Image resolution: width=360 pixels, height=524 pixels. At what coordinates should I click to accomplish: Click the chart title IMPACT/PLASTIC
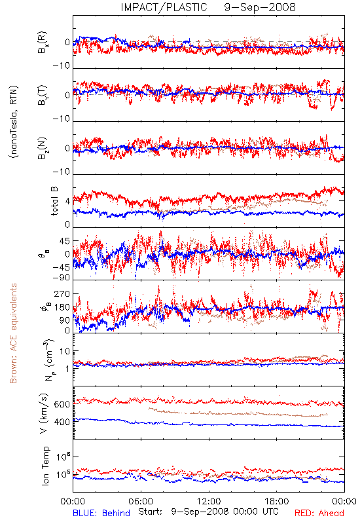[x=164, y=7]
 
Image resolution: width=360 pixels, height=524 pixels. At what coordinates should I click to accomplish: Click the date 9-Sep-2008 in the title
[x=260, y=7]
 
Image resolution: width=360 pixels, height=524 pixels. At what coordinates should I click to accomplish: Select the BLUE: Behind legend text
[x=101, y=513]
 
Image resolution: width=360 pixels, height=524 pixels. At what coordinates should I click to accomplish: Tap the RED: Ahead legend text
[x=319, y=513]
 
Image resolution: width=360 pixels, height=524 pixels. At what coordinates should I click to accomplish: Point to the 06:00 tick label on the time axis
[x=141, y=501]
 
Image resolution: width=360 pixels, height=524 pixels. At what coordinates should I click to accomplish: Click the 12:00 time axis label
[x=209, y=501]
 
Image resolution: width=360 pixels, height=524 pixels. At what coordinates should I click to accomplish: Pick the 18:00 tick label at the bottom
[x=277, y=501]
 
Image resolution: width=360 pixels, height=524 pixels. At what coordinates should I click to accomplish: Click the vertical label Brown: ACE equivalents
[x=13, y=333]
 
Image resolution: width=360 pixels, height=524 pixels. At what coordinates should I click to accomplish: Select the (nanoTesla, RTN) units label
[x=14, y=122]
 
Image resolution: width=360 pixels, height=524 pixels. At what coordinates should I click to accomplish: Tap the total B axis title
[x=54, y=201]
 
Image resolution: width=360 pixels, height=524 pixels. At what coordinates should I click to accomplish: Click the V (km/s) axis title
[x=44, y=413]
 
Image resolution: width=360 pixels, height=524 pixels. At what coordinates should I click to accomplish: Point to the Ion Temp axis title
[x=45, y=466]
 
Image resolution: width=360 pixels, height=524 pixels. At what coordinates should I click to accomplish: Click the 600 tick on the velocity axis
[x=62, y=404]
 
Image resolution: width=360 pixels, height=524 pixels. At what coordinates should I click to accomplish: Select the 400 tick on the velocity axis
[x=62, y=422]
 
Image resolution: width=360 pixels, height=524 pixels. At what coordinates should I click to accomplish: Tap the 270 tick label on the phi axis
[x=62, y=293]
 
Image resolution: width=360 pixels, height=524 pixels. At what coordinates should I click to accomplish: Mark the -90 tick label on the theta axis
[x=62, y=278]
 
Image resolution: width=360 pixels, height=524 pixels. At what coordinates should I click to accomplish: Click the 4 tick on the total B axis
[x=68, y=202]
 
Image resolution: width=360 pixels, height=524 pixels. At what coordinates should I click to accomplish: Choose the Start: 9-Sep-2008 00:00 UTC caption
[x=208, y=512]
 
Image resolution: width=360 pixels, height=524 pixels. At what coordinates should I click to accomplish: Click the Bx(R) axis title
[x=43, y=43]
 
